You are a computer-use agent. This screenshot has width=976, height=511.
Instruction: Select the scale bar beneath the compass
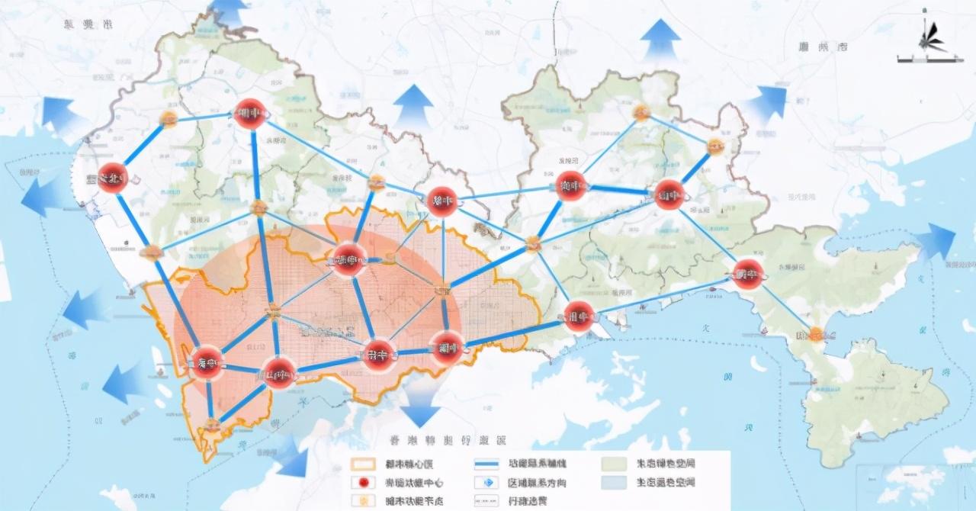pos(923,59)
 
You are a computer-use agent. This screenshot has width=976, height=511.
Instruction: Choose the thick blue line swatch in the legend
pos(485,464)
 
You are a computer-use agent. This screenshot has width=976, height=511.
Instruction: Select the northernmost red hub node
pos(249,114)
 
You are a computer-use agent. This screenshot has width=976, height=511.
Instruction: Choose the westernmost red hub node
pos(112,178)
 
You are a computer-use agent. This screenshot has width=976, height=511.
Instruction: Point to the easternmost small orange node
pos(817,333)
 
